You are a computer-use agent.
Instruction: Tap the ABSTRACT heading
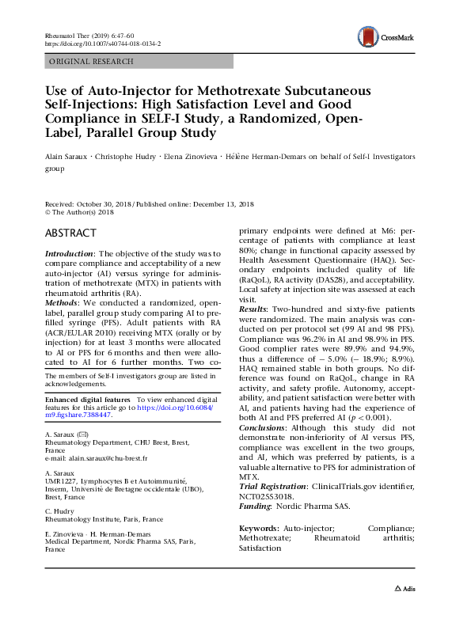coord(70,233)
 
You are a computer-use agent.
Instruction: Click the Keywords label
coord(258,527)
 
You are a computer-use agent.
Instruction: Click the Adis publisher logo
coord(404,610)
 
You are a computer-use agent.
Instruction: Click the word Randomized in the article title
coord(301,119)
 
